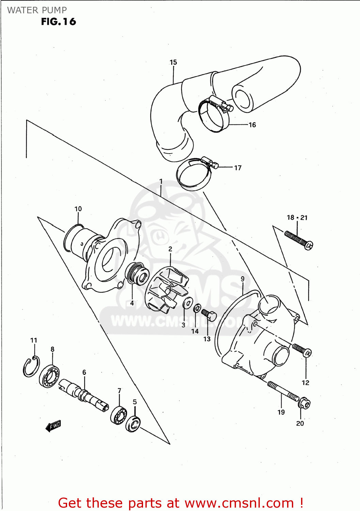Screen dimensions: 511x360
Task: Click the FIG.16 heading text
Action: pos(58,22)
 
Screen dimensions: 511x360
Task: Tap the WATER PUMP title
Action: pos(37,10)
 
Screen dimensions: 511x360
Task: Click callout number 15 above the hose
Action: pos(173,62)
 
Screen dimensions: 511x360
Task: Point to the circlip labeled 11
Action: pos(31,367)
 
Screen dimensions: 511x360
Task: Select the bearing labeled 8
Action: pos(49,376)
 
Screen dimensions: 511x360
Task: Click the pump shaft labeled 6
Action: pos(84,395)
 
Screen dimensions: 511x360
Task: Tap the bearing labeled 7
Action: pos(119,415)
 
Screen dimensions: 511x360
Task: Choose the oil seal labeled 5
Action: pos(133,424)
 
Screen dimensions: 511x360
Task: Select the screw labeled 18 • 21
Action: pos(298,240)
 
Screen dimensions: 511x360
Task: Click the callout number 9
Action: pos(242,279)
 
